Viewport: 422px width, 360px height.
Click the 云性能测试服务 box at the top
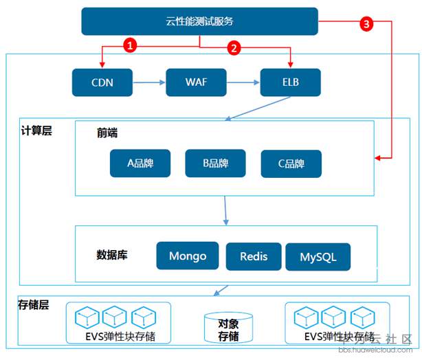tap(200, 21)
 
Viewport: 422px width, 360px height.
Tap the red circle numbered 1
tap(130, 45)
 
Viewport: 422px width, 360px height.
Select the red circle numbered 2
tap(234, 48)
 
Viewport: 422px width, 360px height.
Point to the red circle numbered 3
tap(366, 24)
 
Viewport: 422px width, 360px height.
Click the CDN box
tap(102, 82)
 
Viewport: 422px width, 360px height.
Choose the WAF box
tap(196, 82)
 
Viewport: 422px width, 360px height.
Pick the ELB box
tap(291, 82)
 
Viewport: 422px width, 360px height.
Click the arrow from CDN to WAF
tap(149, 82)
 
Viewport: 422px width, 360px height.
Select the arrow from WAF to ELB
tap(243, 82)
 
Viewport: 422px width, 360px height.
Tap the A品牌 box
tap(140, 164)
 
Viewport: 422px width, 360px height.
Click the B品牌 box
tap(216, 164)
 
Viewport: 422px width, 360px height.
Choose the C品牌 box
tap(291, 164)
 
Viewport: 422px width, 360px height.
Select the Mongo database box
tap(188, 256)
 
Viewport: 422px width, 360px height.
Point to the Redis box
tap(254, 257)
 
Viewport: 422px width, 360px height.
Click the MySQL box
tap(318, 257)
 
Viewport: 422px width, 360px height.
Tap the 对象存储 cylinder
tap(228, 328)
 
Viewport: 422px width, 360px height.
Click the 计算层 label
tap(36, 131)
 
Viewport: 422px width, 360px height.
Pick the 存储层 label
tap(34, 305)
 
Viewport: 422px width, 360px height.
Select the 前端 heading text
tap(107, 133)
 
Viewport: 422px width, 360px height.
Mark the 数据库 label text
tap(112, 255)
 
